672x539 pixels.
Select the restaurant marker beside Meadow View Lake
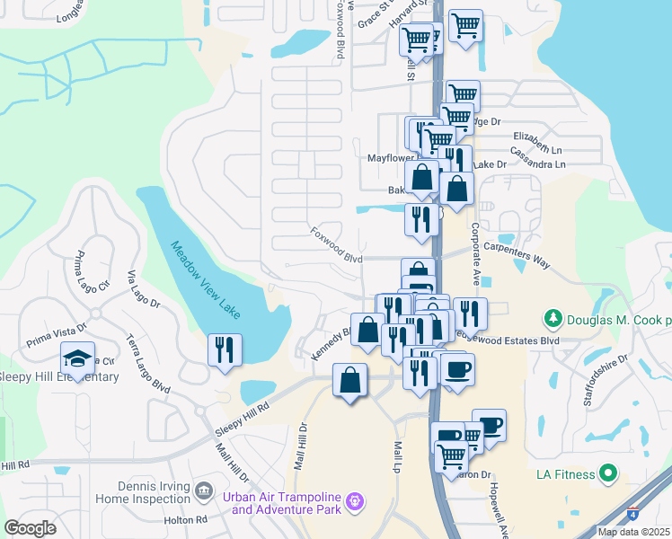point(225,349)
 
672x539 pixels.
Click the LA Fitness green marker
point(608,473)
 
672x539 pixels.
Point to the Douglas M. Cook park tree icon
point(552,319)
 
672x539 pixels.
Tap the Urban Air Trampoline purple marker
point(355,499)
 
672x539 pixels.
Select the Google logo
point(30,527)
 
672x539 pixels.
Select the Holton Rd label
point(186,519)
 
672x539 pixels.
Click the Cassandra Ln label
point(535,165)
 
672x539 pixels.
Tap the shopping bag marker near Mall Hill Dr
point(349,380)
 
